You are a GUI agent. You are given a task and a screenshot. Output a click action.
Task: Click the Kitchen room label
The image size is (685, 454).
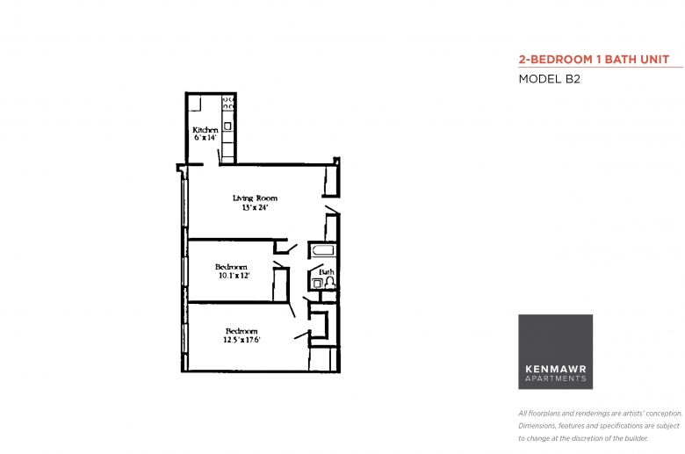[x=205, y=130]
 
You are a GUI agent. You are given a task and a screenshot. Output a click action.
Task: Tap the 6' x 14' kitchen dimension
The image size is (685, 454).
[x=205, y=138]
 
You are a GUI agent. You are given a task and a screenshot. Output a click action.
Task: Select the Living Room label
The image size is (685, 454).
[x=255, y=198]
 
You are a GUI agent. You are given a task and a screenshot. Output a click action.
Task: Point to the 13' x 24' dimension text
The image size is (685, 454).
[x=255, y=207]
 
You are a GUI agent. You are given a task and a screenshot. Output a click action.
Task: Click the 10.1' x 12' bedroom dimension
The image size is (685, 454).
[x=234, y=276]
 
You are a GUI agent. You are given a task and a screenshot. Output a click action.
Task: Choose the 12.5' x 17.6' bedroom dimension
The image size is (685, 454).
[x=242, y=340]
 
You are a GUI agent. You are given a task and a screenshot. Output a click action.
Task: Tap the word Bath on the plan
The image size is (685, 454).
[x=327, y=272]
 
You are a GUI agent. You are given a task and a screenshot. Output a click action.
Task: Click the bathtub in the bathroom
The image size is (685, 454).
[x=322, y=251]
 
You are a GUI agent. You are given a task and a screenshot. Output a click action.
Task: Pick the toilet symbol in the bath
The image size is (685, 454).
[x=329, y=282]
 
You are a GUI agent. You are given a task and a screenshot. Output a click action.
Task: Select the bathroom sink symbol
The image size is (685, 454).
[x=317, y=284]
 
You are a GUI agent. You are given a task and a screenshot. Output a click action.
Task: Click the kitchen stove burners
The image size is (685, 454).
[x=228, y=103]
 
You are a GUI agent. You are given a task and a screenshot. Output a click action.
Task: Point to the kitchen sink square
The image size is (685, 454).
[x=227, y=126]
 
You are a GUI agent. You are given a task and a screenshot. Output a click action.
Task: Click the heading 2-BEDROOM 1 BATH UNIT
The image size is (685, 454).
[x=594, y=60]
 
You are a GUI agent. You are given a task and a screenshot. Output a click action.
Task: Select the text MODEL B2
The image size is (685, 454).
[x=549, y=79]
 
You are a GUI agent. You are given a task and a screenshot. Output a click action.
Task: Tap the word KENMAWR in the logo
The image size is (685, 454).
[x=556, y=369]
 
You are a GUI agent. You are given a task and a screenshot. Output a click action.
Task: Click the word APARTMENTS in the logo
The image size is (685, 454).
[x=556, y=378]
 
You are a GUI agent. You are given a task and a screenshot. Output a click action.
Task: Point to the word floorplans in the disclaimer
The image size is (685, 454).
[x=544, y=414]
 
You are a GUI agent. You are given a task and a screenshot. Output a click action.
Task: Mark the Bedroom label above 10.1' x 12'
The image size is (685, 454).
[x=231, y=267]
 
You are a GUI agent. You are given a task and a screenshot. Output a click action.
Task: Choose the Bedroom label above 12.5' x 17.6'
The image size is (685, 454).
[x=242, y=331]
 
